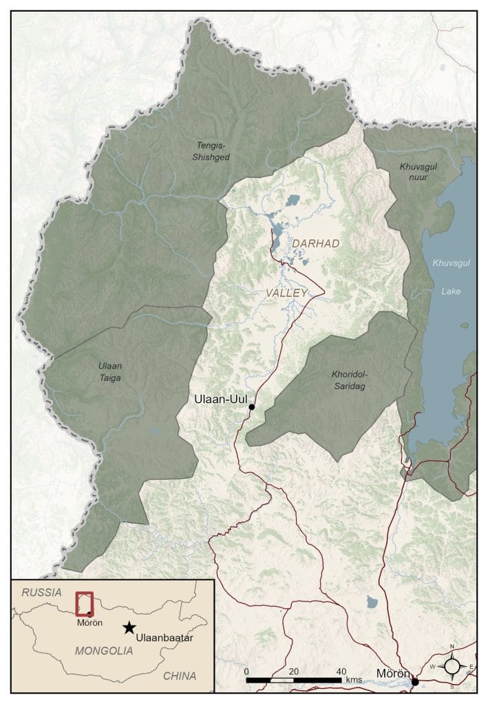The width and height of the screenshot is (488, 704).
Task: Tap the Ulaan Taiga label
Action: click(x=110, y=372)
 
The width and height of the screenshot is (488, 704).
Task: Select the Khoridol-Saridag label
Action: click(x=350, y=380)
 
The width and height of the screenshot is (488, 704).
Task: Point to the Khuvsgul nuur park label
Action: click(x=418, y=171)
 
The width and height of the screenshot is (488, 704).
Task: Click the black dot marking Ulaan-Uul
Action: click(x=252, y=407)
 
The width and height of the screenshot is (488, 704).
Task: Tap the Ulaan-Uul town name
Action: click(x=220, y=399)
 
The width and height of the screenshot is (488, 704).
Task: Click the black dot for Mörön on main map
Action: click(x=415, y=682)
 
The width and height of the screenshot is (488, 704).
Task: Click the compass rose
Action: click(x=452, y=666)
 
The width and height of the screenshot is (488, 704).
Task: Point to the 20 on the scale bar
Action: click(x=294, y=671)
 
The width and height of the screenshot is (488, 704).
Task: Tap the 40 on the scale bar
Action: click(x=341, y=671)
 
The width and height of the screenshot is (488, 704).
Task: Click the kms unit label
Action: click(x=354, y=679)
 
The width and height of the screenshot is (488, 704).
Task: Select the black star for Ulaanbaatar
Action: click(x=129, y=627)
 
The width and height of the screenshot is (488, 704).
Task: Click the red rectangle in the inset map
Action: click(x=85, y=604)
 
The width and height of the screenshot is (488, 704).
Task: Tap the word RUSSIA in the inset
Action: click(x=42, y=592)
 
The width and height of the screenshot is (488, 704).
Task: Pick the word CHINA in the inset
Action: click(x=180, y=676)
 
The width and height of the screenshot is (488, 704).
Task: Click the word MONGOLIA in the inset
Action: click(x=103, y=650)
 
